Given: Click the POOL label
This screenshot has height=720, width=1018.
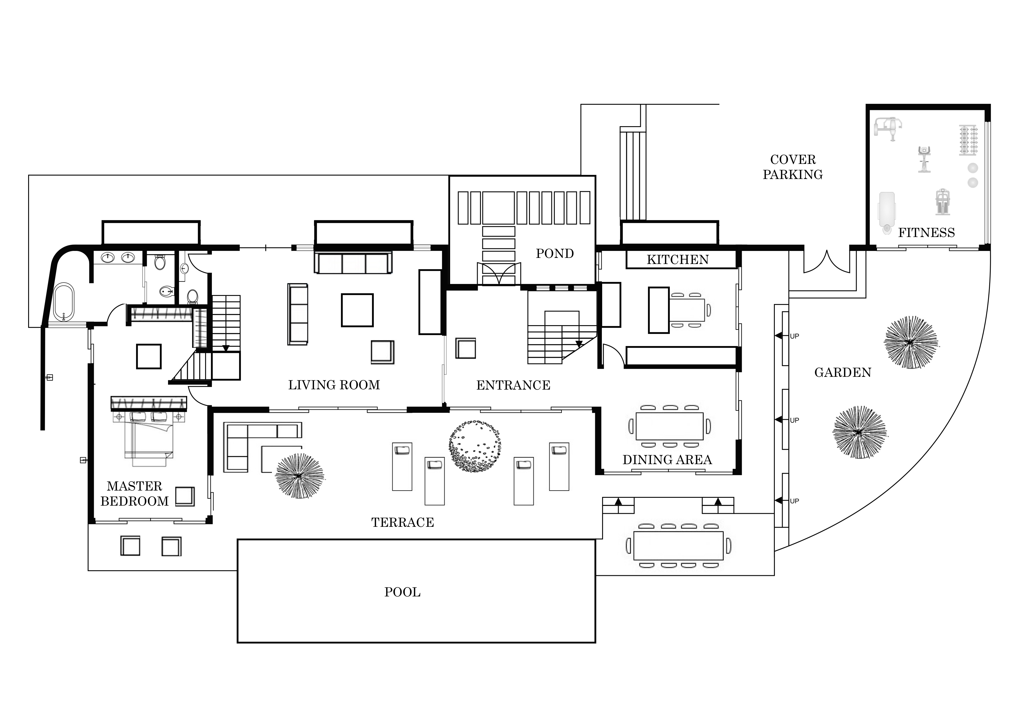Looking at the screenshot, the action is pos(402,592).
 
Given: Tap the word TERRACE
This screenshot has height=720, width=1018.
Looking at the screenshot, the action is pos(402,523).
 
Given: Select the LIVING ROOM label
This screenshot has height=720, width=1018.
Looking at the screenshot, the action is pos(334,385).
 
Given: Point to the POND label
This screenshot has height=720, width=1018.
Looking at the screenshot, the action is pos(555,254).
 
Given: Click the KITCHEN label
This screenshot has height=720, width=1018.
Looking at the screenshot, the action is pos(678,260).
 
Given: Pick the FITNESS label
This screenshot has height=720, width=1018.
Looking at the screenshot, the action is pos(926,233).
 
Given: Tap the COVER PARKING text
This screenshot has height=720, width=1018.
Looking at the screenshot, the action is pos(793,167).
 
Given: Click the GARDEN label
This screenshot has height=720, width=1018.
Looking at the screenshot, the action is pos(842,372).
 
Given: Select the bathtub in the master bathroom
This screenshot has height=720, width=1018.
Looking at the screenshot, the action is pos(64,301).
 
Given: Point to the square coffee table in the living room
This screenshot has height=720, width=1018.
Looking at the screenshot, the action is pos(357,310).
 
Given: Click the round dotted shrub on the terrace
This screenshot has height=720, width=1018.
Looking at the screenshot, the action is pos(474,446).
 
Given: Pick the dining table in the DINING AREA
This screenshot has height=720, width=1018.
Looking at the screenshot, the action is pos(669,426).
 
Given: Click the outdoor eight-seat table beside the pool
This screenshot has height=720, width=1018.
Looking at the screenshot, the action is pos(678,545).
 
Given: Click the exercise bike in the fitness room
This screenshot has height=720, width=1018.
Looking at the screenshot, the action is pos(924,159).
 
